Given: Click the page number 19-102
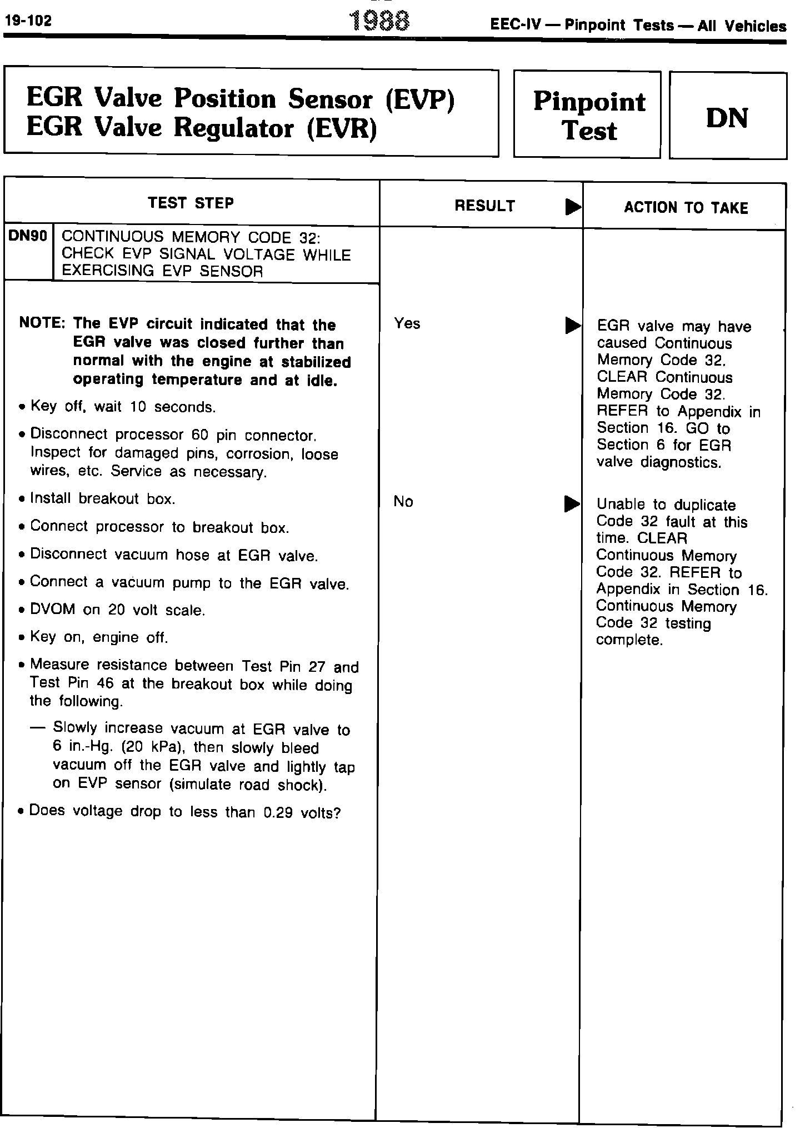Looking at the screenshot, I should pos(28,21).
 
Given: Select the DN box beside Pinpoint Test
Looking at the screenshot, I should pos(727,116).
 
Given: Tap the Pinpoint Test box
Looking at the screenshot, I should pos(588,116).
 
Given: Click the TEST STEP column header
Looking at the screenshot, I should pos(191,203).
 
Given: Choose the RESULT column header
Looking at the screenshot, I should pos(484,206).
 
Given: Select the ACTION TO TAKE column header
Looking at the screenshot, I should pos(686,208).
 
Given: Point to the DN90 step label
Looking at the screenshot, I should pos(28,236).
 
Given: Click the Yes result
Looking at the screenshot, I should pos(407,323).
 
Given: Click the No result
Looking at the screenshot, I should pos(403,501).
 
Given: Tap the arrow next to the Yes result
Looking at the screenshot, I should pos(571,325).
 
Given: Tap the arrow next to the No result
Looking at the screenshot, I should pos(571,504).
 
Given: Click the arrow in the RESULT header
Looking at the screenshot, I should pos(572,207).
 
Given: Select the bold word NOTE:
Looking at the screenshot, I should pos(43,323).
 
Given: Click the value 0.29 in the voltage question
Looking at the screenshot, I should pos(278,813).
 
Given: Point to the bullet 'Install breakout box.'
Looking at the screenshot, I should pos(103,498).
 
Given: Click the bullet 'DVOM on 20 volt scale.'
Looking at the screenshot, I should pos(117,610).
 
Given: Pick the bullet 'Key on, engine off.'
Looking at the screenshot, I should pos(99,637).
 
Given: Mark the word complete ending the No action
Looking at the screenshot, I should pos(629,640).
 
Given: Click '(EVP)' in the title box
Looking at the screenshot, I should pos(420,100).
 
